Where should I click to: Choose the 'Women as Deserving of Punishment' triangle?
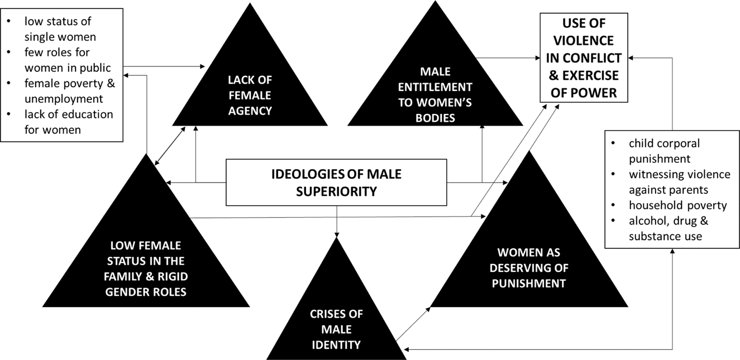528,268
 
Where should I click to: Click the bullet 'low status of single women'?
59,30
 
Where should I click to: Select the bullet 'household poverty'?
677,205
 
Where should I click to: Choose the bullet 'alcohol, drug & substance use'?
668,228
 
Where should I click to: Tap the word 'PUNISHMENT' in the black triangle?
528,283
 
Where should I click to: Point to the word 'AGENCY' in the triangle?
250,110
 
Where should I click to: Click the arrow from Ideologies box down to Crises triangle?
337,221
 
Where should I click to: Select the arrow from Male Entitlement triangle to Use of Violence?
508,57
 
